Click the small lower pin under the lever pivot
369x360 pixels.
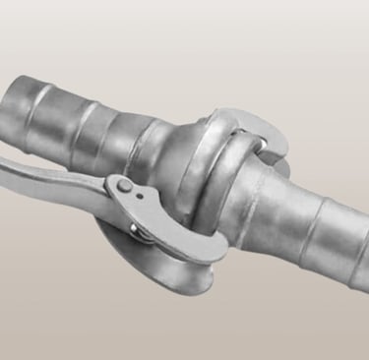pyautogui.click(x=134, y=229)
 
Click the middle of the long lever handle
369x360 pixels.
pyautogui.click(x=59, y=167)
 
